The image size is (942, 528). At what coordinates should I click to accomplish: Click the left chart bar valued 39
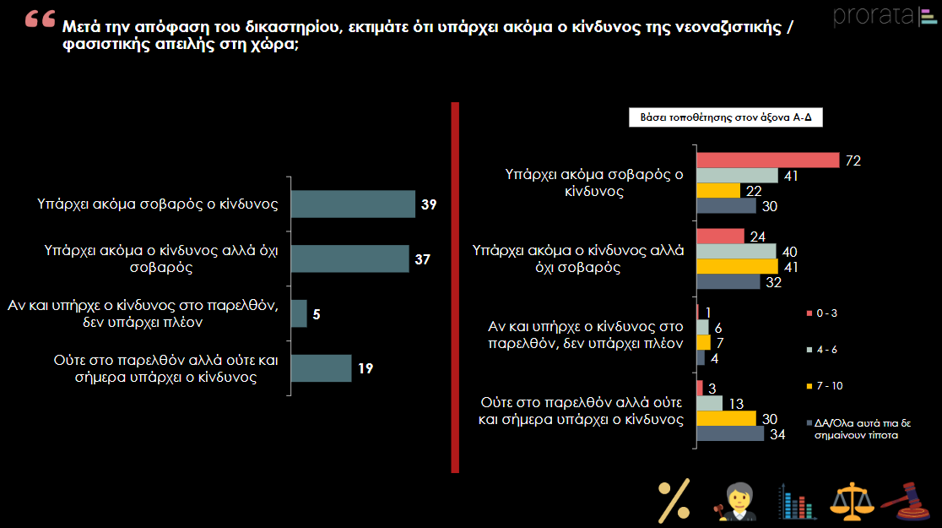tap(353, 204)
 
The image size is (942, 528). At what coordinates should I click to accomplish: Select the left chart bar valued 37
tap(349, 259)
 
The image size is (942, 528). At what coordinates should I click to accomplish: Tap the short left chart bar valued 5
tap(299, 313)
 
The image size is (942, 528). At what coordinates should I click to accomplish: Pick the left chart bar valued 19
tap(321, 368)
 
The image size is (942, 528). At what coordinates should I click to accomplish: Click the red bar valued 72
tap(768, 160)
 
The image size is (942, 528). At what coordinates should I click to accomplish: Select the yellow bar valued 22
tap(718, 191)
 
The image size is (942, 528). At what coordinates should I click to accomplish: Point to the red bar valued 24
tap(720, 237)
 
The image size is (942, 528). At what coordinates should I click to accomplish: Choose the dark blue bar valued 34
tap(730, 433)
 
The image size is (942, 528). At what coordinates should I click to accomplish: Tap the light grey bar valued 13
tap(710, 403)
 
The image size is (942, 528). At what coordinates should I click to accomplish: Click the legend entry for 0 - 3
tap(822, 313)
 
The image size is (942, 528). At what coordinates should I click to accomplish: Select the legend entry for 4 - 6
tap(822, 350)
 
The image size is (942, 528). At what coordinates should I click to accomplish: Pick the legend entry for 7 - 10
tap(825, 386)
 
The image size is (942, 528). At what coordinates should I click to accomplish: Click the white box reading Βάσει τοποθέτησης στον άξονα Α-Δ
tap(726, 117)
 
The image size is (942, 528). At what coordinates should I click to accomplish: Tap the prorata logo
tap(885, 16)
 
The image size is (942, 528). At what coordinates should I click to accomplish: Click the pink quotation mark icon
tap(41, 19)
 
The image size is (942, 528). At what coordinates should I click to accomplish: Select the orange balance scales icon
tap(852, 502)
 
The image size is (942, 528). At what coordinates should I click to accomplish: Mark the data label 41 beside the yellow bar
tap(791, 267)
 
